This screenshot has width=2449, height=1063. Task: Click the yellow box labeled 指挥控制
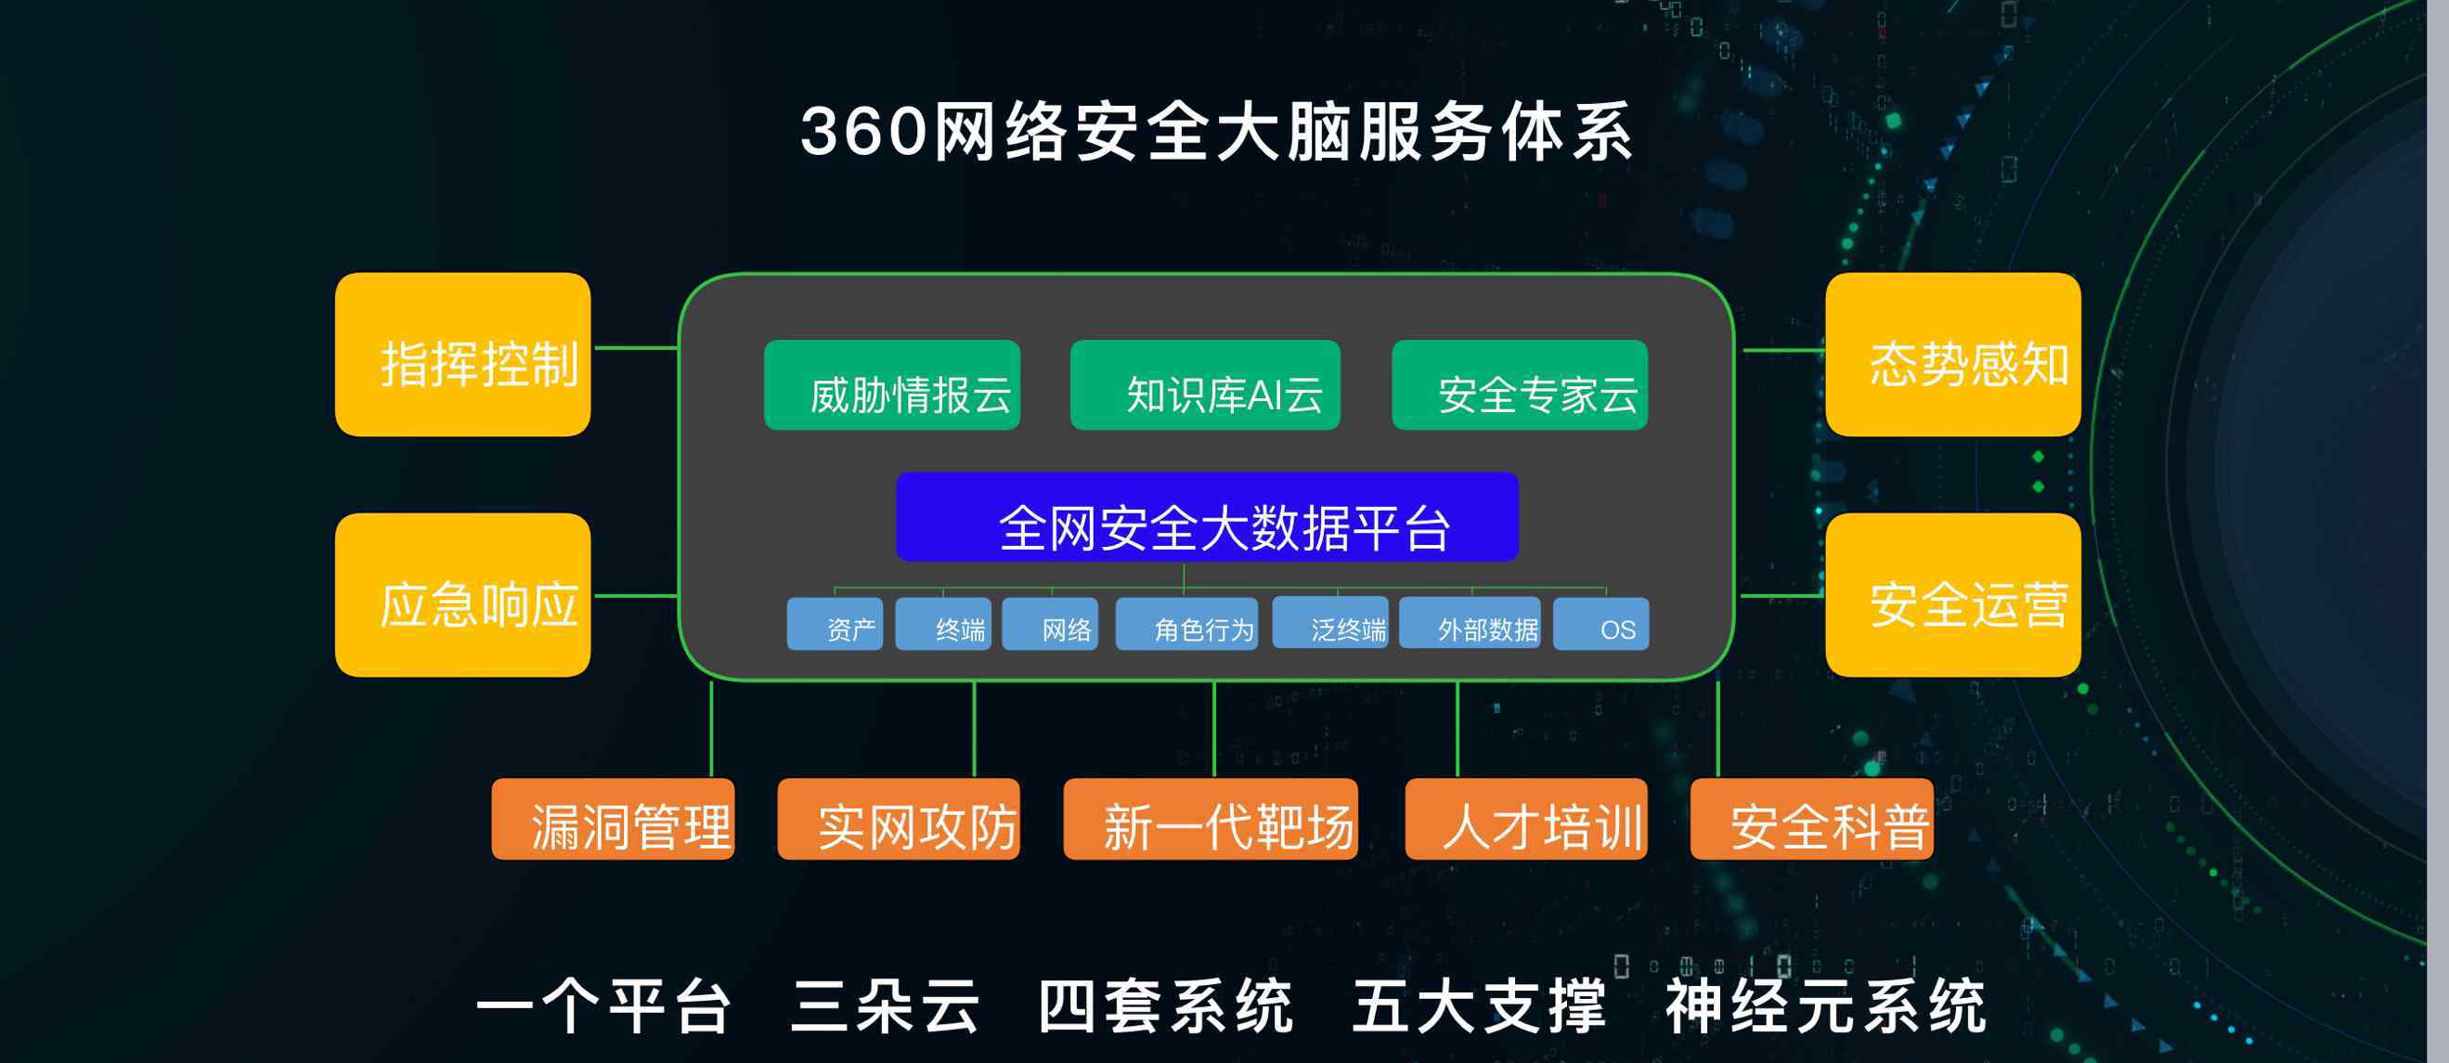click(463, 355)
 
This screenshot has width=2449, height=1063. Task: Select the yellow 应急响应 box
click(463, 595)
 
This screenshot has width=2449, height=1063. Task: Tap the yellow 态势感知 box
click(1952, 355)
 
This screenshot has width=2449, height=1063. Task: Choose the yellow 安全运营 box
click(1952, 595)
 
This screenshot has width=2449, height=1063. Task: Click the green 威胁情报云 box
click(892, 385)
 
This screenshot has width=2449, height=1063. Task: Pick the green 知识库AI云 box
click(1206, 385)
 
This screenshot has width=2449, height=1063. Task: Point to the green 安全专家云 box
click(1519, 385)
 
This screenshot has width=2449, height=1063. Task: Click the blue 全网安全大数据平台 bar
click(1208, 517)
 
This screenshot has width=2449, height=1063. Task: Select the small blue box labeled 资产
click(835, 624)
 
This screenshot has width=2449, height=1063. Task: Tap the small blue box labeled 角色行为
click(1186, 624)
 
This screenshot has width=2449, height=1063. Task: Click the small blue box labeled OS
click(1601, 624)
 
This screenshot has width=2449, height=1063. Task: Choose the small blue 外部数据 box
click(1470, 623)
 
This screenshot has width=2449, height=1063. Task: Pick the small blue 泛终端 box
click(1330, 623)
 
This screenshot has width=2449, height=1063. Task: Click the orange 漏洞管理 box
click(614, 820)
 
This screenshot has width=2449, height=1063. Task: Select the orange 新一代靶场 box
click(1211, 820)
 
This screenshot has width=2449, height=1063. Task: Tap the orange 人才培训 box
click(1526, 820)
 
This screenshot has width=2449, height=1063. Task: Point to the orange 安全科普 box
click(1812, 820)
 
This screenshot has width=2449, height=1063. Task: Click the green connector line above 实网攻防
click(975, 730)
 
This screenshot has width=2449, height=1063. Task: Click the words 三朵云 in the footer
click(885, 1006)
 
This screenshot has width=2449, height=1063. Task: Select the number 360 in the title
click(863, 131)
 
